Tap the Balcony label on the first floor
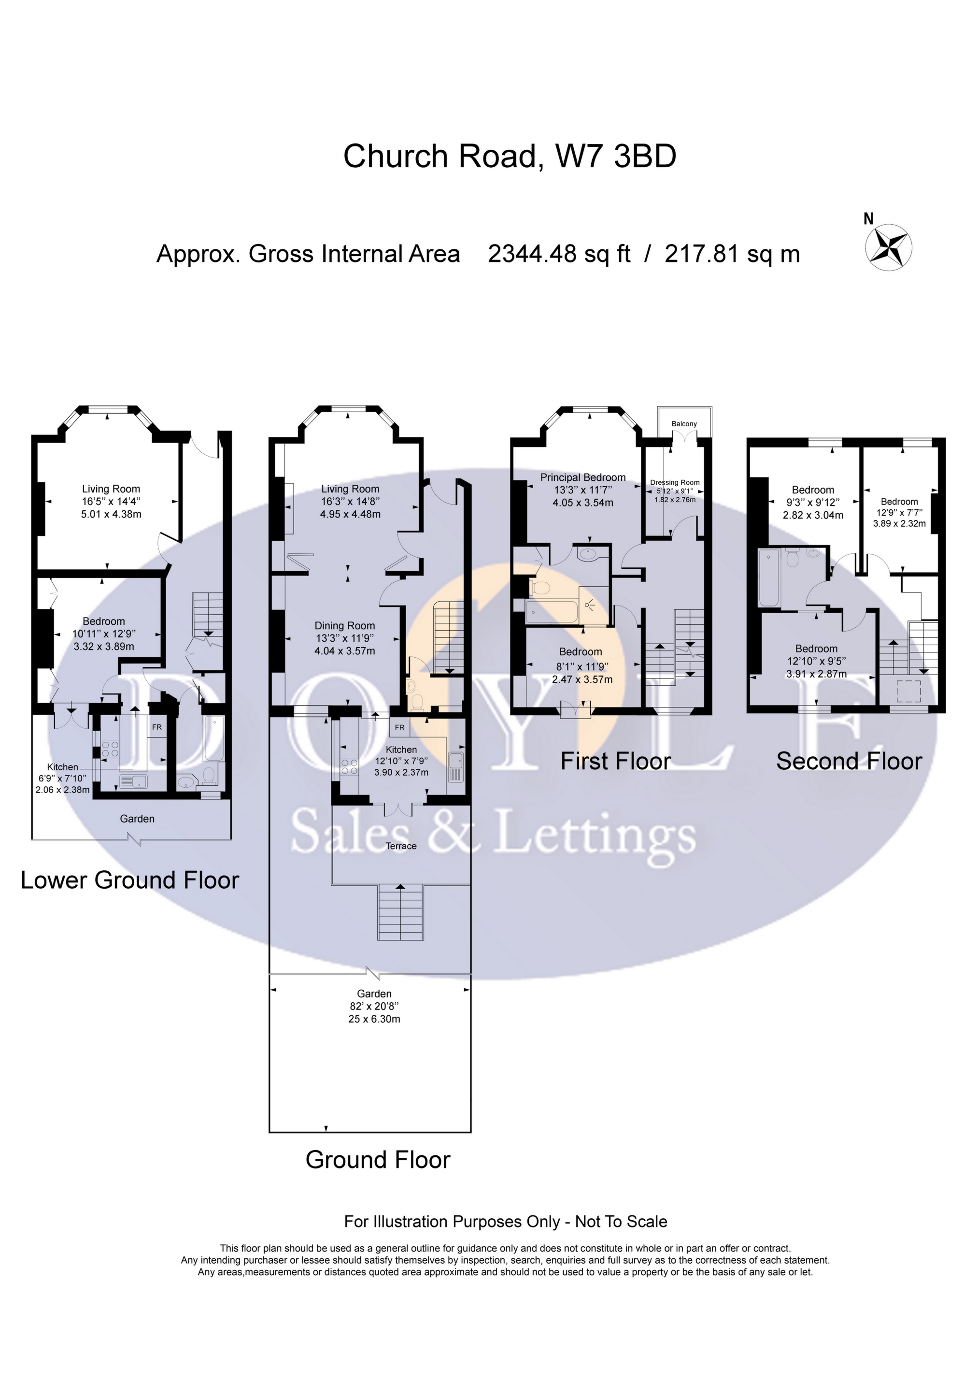(x=684, y=424)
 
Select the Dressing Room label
(x=675, y=482)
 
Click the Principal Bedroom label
(x=583, y=477)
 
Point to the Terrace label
(x=401, y=846)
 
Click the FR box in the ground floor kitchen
(x=399, y=728)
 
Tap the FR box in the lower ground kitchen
(x=156, y=727)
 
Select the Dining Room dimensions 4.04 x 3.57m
(x=345, y=651)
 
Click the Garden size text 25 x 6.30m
(x=374, y=1019)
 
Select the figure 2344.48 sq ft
(x=559, y=254)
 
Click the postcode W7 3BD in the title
(x=615, y=156)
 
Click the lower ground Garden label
(x=137, y=819)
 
